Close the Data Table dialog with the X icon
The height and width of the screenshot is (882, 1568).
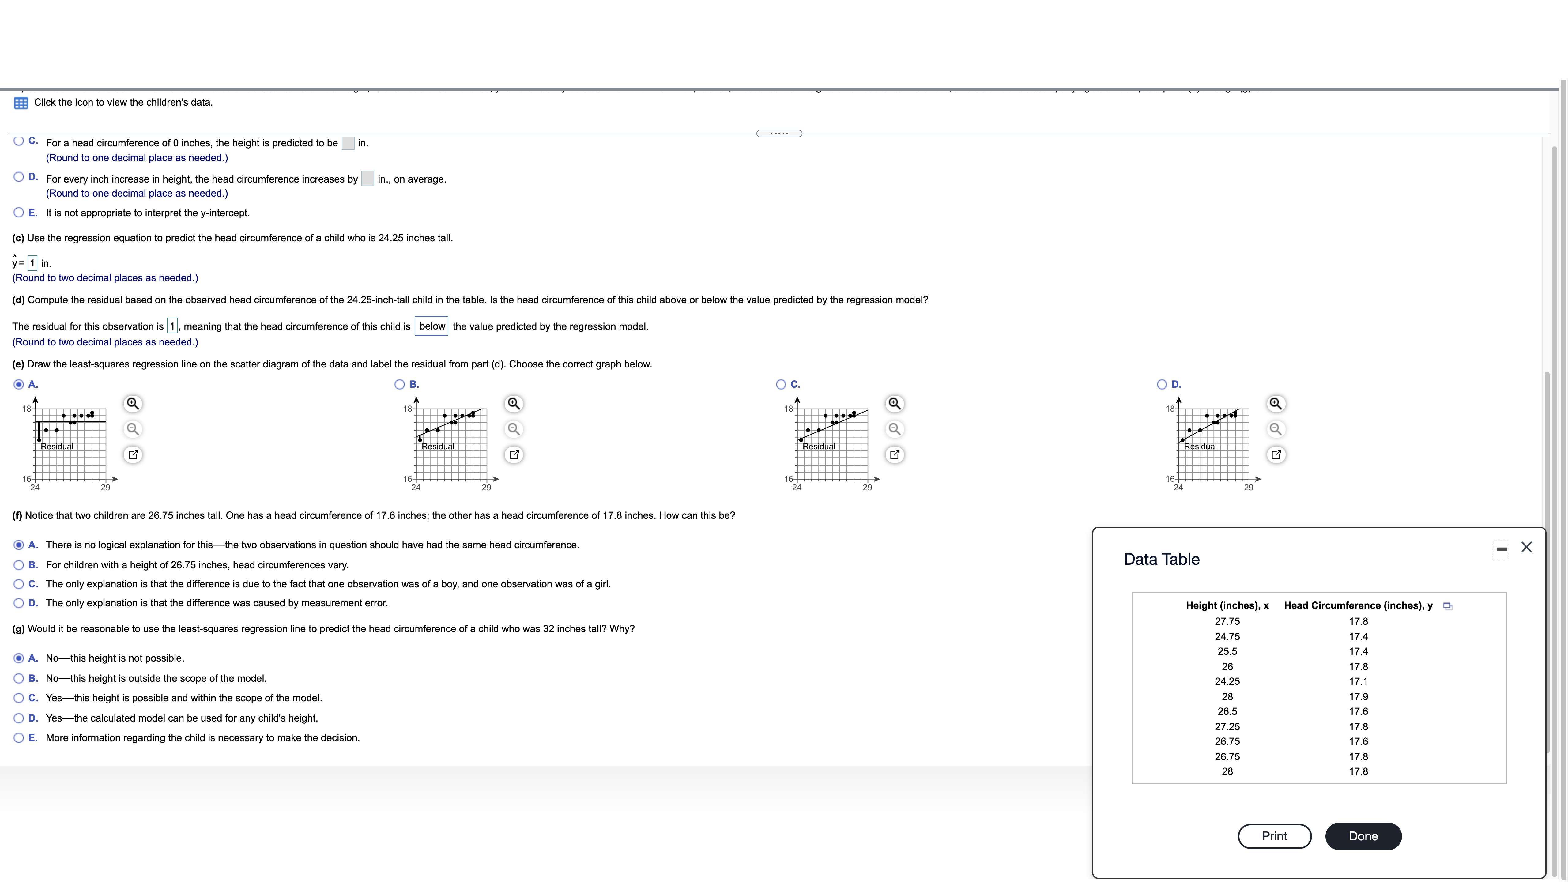(x=1526, y=547)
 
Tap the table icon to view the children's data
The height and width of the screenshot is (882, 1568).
(x=21, y=103)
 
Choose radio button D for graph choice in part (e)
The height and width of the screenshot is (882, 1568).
(x=1161, y=384)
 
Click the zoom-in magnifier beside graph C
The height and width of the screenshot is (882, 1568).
(x=894, y=404)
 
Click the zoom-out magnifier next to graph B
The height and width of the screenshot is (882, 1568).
(x=514, y=429)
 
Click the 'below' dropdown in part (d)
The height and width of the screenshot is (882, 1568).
(x=432, y=326)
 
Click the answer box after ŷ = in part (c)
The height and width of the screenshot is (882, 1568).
(x=32, y=263)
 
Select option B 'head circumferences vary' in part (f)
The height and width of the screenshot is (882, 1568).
(x=19, y=565)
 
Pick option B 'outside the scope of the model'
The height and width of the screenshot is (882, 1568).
(x=19, y=678)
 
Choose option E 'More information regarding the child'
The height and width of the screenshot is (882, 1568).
(x=19, y=738)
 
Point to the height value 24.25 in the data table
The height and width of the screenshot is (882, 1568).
(x=1227, y=681)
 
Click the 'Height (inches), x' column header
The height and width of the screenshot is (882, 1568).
(x=1227, y=605)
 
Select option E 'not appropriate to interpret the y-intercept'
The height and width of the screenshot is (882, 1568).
(x=19, y=213)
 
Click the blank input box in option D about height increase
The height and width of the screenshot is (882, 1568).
(x=367, y=178)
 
